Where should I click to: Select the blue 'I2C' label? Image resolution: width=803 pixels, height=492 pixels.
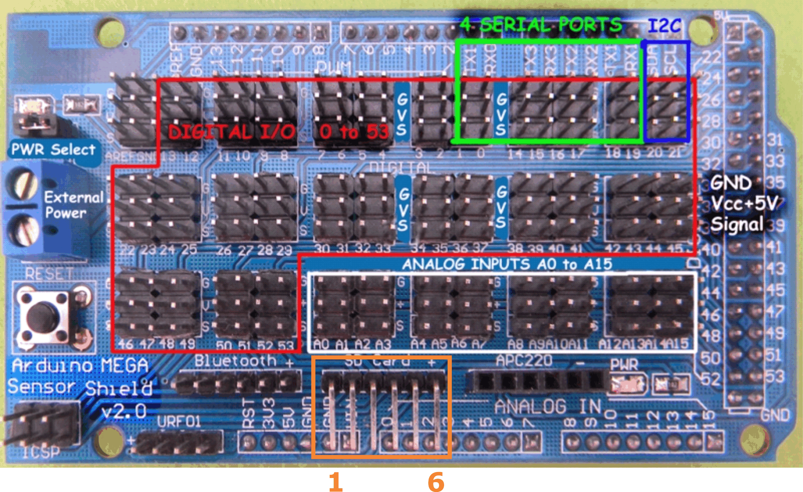tap(664, 26)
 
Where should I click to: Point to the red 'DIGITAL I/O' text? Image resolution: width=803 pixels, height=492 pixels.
tap(231, 132)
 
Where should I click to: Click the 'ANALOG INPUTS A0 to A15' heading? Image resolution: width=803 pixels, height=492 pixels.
tap(507, 264)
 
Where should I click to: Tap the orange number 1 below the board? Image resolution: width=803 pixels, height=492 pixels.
tap(335, 482)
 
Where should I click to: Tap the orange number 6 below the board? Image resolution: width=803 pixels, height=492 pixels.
tap(436, 482)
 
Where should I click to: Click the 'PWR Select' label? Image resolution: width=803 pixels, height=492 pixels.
tap(53, 149)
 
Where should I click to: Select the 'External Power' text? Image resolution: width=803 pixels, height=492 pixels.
tap(73, 205)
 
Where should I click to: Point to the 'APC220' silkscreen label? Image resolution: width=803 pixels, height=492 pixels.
tap(524, 361)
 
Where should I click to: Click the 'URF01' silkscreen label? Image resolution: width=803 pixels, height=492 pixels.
tap(179, 421)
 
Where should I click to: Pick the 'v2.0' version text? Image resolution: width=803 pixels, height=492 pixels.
tap(124, 411)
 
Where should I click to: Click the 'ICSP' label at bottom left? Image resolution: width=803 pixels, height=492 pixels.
tap(41, 452)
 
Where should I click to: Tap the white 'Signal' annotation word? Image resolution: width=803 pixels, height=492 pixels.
tap(736, 224)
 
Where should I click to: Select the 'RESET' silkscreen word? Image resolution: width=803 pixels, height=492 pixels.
tap(50, 274)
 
